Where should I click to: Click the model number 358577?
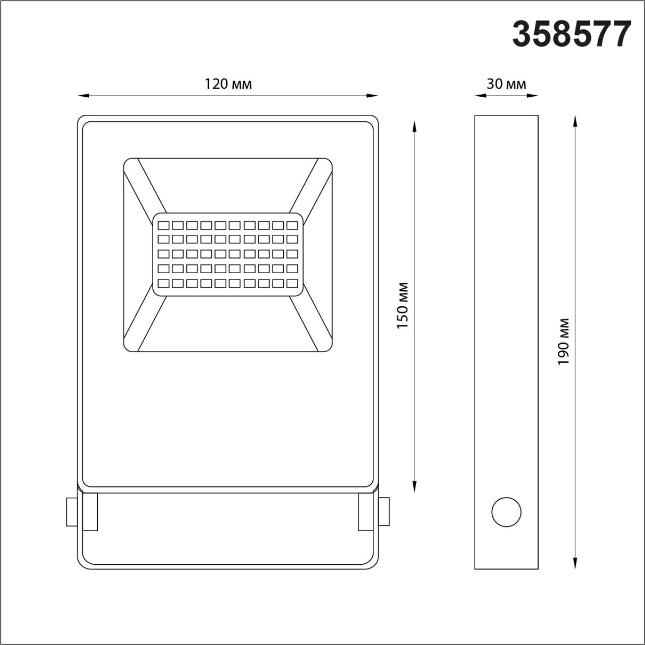[x=571, y=34]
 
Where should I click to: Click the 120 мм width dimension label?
[x=228, y=84]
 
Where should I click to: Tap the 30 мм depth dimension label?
[x=506, y=84]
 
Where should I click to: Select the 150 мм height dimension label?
[x=403, y=306]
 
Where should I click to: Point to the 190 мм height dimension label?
[x=564, y=342]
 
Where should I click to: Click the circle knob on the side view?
[x=506, y=512]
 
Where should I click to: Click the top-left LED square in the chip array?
[x=163, y=225]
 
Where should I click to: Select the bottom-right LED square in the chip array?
[x=292, y=284]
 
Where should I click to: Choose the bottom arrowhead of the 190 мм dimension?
[x=575, y=563]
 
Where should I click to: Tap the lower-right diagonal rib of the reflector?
[x=310, y=323]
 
